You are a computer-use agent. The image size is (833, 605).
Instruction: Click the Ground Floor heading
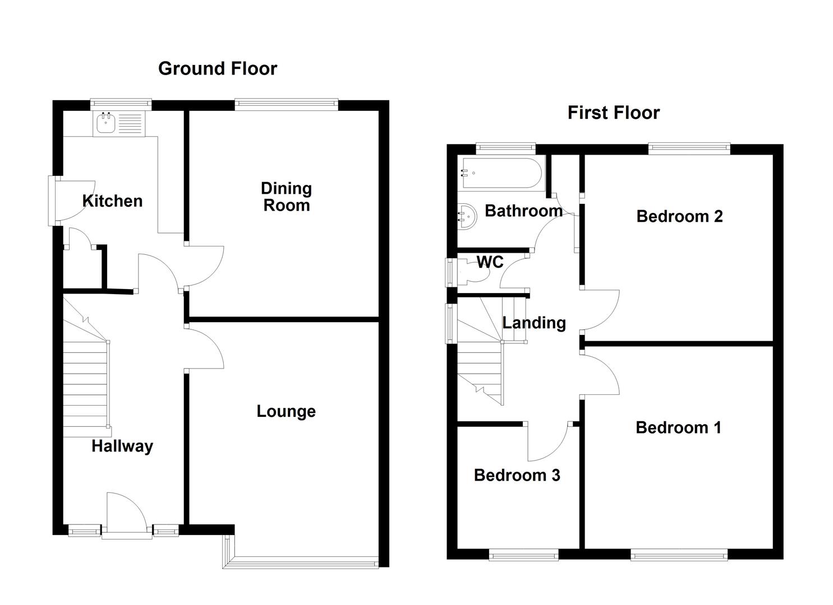point(218,68)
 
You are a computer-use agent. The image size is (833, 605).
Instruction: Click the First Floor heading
point(613,113)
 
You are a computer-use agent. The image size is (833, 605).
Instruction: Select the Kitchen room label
point(112,201)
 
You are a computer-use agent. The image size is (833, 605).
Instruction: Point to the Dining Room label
point(286,197)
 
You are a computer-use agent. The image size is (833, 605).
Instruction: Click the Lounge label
point(286,411)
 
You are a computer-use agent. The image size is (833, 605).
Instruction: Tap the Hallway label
point(122,446)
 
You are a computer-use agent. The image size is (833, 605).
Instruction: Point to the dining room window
point(287,103)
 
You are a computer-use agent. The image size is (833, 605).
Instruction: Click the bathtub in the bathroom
point(501,174)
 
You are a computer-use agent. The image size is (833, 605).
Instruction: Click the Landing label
point(533,323)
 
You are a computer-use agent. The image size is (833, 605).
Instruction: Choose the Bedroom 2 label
point(679,216)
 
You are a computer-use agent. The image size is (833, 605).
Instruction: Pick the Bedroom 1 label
point(678,428)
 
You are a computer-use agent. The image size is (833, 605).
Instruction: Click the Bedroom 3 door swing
point(547,443)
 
